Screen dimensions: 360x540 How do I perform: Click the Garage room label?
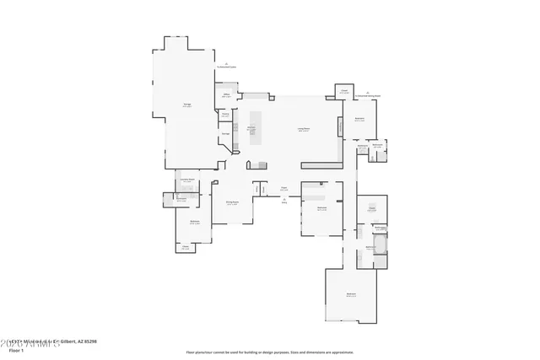point(186,105)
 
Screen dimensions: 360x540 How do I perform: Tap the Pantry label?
point(225,116)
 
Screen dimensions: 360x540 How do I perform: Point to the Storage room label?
point(225,133)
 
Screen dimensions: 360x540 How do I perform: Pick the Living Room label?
point(303,130)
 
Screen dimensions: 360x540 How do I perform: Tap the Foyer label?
point(284,188)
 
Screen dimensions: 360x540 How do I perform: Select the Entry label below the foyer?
point(284,203)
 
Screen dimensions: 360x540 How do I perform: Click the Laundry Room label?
point(186,180)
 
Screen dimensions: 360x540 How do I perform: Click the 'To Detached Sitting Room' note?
point(369,94)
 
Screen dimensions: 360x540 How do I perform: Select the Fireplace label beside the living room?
point(340,126)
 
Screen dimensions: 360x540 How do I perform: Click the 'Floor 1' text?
point(15,350)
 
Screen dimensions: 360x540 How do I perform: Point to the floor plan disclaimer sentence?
point(270,352)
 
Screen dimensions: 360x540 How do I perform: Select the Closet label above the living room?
point(344,91)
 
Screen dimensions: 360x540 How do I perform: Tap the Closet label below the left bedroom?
point(185,248)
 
